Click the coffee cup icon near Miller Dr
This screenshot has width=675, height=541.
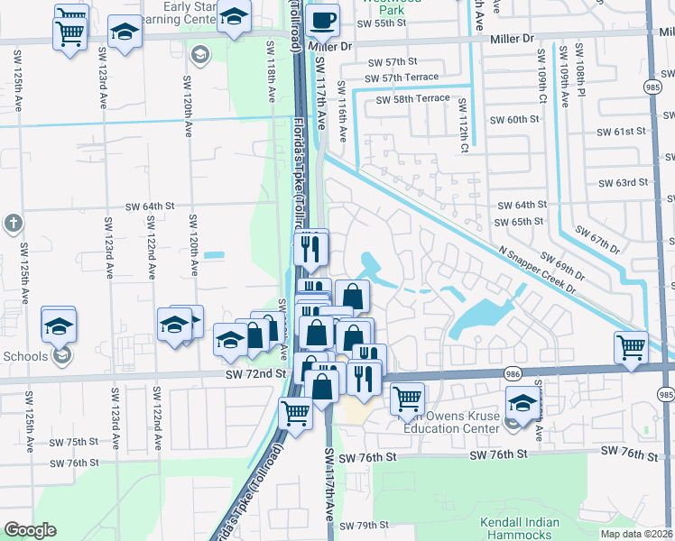click(322, 19)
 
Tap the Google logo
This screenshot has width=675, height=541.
click(30, 530)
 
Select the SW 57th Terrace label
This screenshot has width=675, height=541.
click(406, 78)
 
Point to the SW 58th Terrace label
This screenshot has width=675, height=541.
click(406, 97)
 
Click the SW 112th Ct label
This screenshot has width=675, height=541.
click(462, 121)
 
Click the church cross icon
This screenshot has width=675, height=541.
click(13, 223)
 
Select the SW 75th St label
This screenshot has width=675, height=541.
click(73, 442)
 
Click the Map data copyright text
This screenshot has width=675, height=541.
click(637, 534)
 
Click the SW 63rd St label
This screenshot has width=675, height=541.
click(624, 182)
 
